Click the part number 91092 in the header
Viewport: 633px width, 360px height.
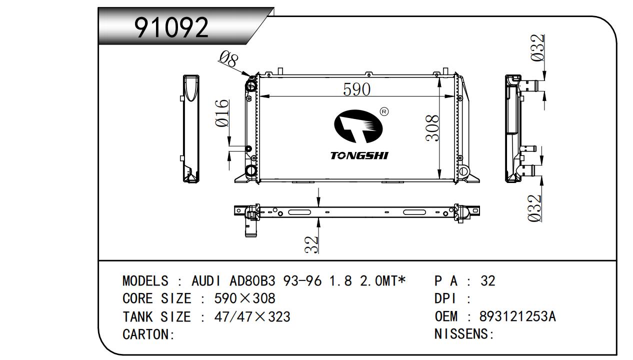(x=171, y=27)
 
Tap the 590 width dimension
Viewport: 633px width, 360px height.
(x=356, y=89)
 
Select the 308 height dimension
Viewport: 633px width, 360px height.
(x=432, y=128)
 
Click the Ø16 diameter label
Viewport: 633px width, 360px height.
(x=222, y=113)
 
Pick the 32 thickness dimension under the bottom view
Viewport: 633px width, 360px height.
(x=311, y=244)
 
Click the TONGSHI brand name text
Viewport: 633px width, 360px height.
(x=359, y=155)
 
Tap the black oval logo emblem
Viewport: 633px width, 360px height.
(x=358, y=126)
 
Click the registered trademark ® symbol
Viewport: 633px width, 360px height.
(x=384, y=111)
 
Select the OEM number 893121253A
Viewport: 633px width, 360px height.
(x=517, y=316)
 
